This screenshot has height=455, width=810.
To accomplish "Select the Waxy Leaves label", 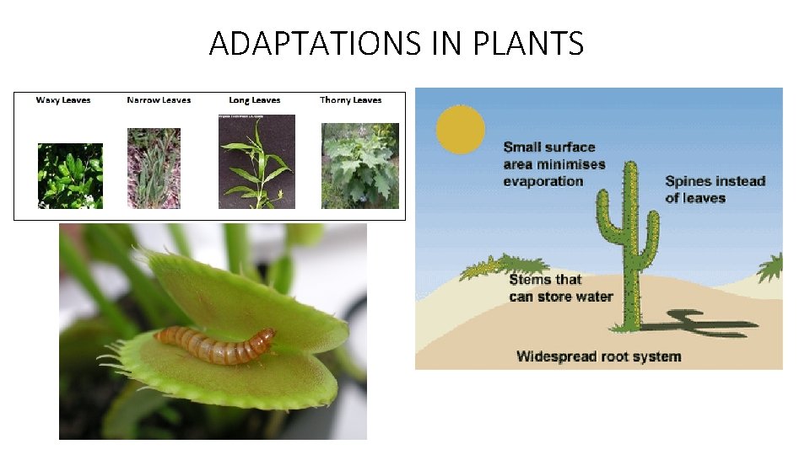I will (63, 100).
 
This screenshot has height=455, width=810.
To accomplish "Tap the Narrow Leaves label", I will (159, 100).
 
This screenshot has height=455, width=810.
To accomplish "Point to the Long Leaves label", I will (255, 100).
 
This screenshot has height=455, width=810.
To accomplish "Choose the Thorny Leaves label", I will (351, 100).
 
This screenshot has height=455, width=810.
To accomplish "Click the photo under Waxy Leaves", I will (70, 175).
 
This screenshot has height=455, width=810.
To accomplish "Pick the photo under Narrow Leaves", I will (154, 168).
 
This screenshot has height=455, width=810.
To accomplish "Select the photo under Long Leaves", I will (256, 162).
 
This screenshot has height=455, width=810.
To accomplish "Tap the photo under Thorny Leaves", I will (360, 166).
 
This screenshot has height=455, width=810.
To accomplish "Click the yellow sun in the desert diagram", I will (461, 129).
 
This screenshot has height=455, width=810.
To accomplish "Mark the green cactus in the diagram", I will (629, 244).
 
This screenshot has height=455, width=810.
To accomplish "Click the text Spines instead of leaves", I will (714, 190).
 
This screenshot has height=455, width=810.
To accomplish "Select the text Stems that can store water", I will (561, 288).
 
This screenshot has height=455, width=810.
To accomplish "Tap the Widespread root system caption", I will (598, 356).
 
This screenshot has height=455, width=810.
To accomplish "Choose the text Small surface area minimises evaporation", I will (553, 163).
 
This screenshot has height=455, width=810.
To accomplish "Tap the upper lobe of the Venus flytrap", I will (245, 291).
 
